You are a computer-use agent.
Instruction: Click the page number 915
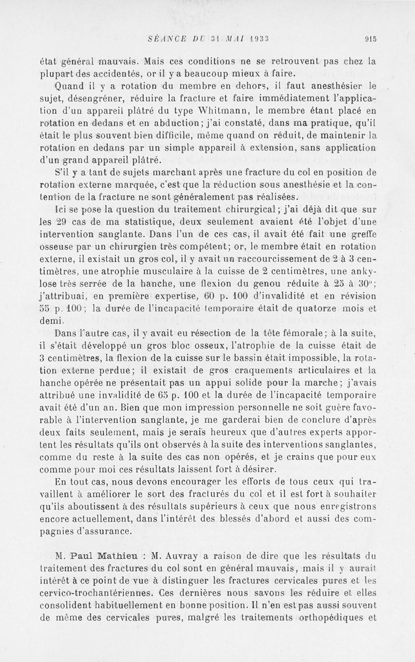[x=370, y=37]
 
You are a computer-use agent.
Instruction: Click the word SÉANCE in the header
[x=167, y=37]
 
